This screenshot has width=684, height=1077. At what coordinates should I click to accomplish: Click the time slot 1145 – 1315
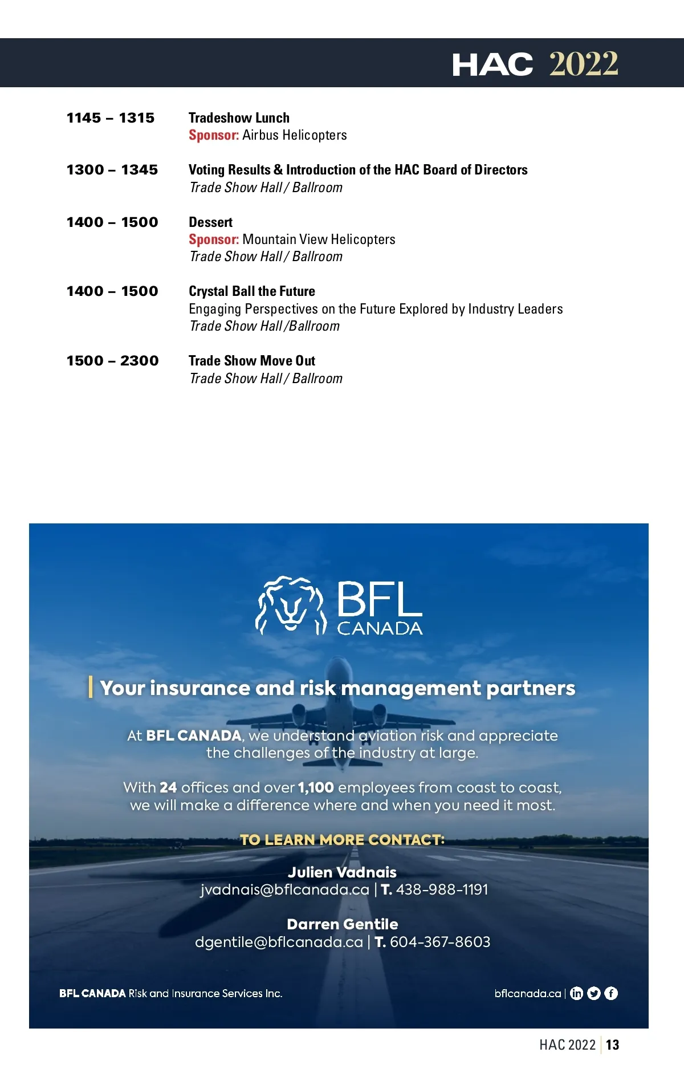click(111, 118)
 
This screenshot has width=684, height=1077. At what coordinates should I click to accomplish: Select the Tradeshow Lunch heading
click(239, 118)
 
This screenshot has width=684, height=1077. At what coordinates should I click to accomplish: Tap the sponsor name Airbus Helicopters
click(294, 135)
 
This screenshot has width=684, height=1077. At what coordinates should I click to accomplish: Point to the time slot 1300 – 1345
click(112, 170)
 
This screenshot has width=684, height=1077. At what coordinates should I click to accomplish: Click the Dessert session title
click(210, 222)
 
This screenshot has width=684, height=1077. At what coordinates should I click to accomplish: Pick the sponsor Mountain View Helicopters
click(319, 239)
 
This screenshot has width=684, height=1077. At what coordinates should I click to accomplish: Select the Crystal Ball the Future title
click(251, 291)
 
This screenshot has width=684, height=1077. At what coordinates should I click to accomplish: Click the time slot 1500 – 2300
click(112, 361)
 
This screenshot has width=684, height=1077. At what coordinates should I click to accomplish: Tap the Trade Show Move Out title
click(251, 361)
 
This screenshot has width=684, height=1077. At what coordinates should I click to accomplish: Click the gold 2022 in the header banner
click(583, 63)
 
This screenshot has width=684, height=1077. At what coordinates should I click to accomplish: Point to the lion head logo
click(290, 605)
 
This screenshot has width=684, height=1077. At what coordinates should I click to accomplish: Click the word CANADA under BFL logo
click(380, 628)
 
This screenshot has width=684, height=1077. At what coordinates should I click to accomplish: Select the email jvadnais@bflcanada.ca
click(284, 889)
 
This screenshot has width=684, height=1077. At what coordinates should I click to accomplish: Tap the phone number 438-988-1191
click(442, 889)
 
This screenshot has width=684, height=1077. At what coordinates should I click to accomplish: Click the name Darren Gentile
click(342, 924)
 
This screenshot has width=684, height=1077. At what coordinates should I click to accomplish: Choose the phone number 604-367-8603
click(440, 942)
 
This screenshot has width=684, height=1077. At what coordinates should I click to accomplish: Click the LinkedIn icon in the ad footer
click(576, 993)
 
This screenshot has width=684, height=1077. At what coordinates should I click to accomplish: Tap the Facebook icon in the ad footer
click(611, 993)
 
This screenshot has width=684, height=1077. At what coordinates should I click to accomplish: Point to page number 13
click(613, 1045)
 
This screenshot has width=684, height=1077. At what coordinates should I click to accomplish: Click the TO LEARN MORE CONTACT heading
click(342, 840)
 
